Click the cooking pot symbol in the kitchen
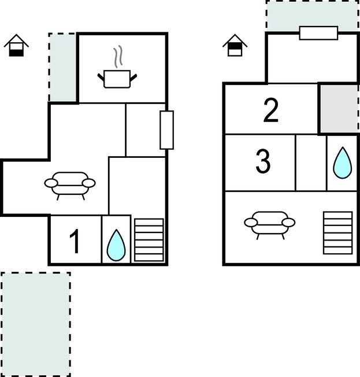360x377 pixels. point(117,79)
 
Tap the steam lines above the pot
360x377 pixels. point(118,57)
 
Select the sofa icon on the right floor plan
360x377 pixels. point(270,224)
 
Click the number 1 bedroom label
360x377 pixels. point(75,241)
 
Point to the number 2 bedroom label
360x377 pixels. point(271,110)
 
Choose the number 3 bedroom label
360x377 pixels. point(263,161)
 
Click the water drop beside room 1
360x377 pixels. point(116,245)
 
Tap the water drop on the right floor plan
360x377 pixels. point(343,163)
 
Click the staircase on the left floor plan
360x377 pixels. point(149,240)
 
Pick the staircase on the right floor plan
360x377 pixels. point(338,233)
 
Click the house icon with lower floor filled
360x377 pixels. point(16,46)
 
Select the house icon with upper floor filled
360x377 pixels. point(235,46)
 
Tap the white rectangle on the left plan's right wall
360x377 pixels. point(167,130)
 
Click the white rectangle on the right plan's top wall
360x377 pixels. point(318,33)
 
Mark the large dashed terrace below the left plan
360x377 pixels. point(36,324)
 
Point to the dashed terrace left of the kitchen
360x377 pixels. point(63,67)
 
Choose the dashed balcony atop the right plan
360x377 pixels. point(313,16)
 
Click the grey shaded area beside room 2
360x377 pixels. point(339,109)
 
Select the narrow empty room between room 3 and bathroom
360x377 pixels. point(311,163)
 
